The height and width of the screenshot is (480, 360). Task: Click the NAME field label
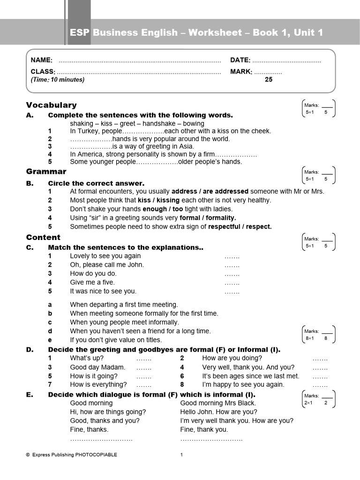coord(42,60)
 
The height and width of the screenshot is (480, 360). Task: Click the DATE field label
coord(240,60)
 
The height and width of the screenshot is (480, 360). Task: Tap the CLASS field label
coord(43,72)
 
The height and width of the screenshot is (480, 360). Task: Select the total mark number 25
coord(268,80)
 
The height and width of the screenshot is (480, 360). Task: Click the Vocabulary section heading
coord(51,105)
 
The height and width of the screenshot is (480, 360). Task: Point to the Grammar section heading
coord(46,172)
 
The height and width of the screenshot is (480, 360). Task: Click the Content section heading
coord(43,237)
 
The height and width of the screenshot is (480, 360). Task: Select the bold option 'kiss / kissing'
coord(158,200)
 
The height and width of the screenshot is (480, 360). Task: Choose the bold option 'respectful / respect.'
coord(240,227)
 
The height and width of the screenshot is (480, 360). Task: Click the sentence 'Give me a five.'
coord(92,283)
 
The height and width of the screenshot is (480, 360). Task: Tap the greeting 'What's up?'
coord(87,359)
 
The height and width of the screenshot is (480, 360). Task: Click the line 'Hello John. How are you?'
coord(218,412)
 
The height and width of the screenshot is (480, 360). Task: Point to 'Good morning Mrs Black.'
coord(218,403)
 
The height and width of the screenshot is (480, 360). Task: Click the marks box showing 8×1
coord(318,335)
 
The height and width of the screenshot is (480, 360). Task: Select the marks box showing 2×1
coord(318,399)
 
